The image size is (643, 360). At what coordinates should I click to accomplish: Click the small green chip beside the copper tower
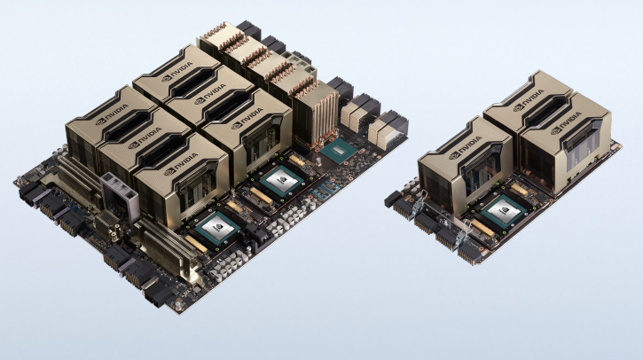pos(339,152)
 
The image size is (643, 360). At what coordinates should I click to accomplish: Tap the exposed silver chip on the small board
pos(504,213)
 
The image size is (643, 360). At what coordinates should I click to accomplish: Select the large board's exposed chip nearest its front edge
pos(217,230)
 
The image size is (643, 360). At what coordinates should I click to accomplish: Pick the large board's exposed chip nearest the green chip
pos(281,181)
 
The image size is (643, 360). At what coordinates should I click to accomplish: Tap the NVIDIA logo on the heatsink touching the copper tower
pos(247,117)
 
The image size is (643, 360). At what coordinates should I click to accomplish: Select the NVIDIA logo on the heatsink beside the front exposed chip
pos(181,163)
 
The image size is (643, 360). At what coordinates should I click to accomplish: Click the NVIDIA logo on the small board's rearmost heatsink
pos(529,99)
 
